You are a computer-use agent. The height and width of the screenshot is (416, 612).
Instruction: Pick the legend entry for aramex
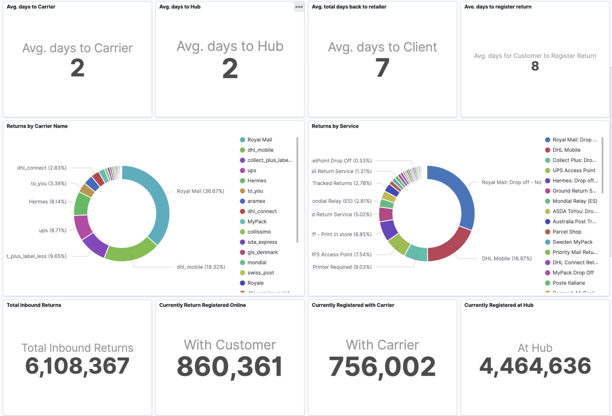coord(256,201)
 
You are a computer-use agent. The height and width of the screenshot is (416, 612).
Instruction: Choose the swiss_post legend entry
coord(260,273)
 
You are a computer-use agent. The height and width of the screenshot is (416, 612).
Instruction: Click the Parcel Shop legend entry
coord(567,232)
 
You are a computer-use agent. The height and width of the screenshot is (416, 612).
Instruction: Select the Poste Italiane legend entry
coord(568,283)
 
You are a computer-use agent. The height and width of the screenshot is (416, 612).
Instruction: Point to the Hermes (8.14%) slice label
coord(48,202)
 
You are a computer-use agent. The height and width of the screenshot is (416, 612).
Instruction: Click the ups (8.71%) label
coord(53,230)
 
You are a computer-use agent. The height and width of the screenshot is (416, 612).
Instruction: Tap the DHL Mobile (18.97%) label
coord(507,259)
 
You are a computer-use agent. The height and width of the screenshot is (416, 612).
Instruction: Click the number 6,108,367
coord(77,366)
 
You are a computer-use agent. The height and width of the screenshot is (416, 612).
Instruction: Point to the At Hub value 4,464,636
coord(535,366)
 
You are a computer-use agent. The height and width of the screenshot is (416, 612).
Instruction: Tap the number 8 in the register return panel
coord(535,66)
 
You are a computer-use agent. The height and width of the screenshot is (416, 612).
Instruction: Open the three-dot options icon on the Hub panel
coord(299,7)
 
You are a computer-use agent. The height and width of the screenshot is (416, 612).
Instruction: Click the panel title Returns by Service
coord(335,126)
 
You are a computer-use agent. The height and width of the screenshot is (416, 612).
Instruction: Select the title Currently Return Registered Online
coord(202,305)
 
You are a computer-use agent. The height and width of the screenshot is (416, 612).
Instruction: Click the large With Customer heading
coord(230,345)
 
